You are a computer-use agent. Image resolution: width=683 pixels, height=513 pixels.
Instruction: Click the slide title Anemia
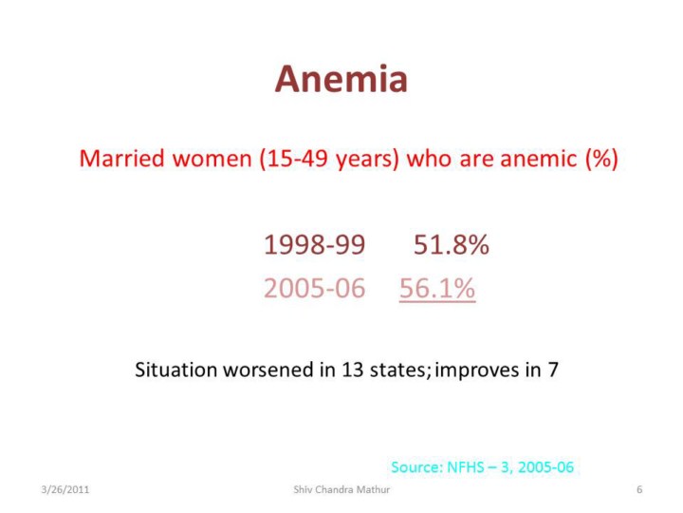click(x=341, y=79)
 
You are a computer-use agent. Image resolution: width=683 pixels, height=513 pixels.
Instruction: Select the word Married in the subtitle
click(x=122, y=158)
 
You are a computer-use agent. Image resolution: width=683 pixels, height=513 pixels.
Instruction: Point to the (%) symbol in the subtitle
click(x=601, y=159)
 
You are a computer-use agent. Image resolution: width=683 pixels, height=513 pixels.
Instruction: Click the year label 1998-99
click(x=315, y=244)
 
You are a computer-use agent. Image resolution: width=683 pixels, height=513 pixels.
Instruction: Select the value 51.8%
click(x=452, y=244)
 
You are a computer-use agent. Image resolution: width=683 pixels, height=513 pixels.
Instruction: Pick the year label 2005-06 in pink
click(x=315, y=289)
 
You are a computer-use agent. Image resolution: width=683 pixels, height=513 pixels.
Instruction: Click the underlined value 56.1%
click(x=437, y=289)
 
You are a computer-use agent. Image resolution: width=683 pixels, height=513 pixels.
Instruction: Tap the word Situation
click(x=176, y=370)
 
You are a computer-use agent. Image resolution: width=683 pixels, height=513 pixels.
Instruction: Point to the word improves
click(x=477, y=370)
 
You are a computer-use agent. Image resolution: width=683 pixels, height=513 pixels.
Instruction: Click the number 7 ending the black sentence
click(x=553, y=370)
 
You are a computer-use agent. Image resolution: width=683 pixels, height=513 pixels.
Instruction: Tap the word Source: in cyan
click(x=416, y=467)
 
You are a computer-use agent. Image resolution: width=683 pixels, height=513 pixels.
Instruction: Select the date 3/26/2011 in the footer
click(x=65, y=489)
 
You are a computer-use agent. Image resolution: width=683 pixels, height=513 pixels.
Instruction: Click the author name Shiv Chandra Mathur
click(x=341, y=489)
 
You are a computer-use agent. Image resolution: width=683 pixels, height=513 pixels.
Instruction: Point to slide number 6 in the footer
click(x=639, y=489)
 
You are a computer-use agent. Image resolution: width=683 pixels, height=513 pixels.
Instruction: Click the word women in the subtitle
click(x=212, y=158)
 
